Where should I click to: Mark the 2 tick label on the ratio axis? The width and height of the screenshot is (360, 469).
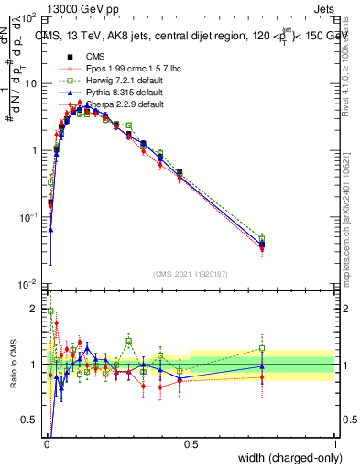tap(37, 307)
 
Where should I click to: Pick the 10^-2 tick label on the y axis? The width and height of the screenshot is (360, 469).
tap(31, 284)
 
